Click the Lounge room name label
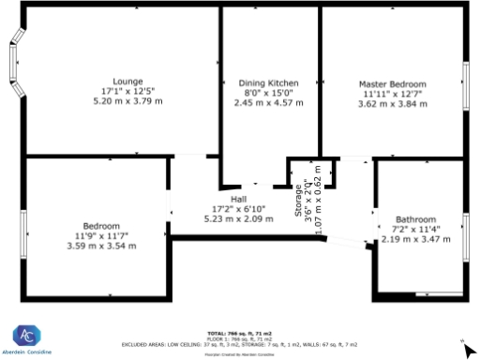coord(127,81)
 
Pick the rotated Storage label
coord(299,198)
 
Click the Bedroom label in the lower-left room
coord(101,226)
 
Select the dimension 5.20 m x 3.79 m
coord(127,101)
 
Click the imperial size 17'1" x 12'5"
coord(127,91)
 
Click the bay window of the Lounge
coord(14,63)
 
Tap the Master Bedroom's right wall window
coord(465,86)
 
